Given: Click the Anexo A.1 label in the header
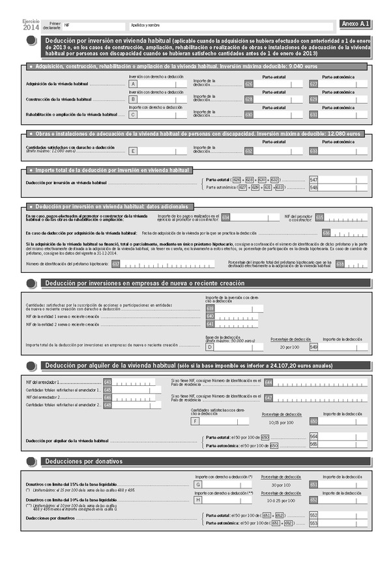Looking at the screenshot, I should point(355,24).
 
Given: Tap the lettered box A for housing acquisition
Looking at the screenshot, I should point(133,84).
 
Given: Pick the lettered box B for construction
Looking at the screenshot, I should point(133,99).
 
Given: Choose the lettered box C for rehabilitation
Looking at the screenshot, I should point(133,114).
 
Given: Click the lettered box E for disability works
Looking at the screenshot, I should point(133,151).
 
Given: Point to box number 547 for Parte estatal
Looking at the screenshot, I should point(313,180).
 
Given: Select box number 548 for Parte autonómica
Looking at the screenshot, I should point(313,187).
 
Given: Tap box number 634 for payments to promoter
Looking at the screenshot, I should point(225,217).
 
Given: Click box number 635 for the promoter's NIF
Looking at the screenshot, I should point(319,217).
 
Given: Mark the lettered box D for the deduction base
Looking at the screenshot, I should point(201,347).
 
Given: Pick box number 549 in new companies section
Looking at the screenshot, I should point(313,347).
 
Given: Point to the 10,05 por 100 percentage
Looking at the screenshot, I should point(281,422).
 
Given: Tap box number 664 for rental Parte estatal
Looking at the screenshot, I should point(313,436).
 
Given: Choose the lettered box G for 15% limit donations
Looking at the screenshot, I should point(198,484).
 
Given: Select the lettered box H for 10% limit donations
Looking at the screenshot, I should point(198,499).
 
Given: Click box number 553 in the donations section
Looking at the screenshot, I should point(313,523).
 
